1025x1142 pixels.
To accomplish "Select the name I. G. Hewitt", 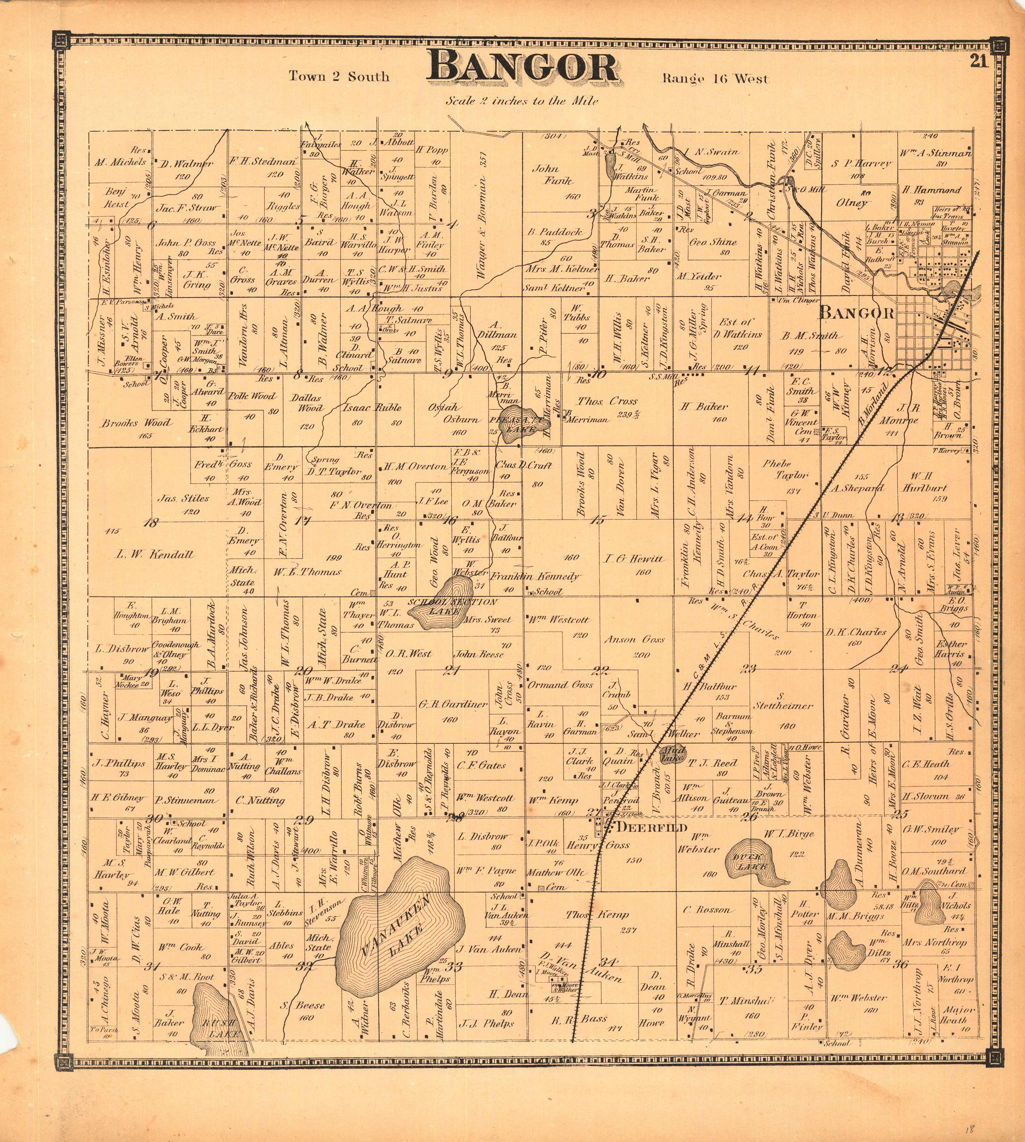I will click(634, 559).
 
